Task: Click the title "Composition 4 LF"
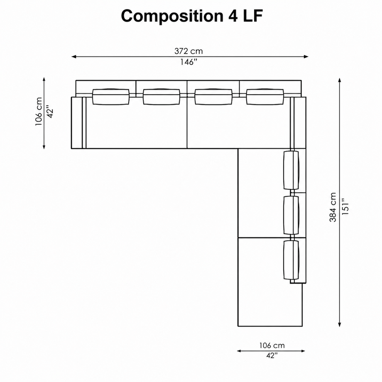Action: (x=192, y=16)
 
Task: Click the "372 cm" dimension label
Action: (x=189, y=51)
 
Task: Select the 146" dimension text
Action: (x=189, y=62)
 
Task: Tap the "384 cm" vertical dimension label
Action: (x=333, y=207)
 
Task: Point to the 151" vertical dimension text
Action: (x=345, y=208)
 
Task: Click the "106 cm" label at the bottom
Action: (x=272, y=345)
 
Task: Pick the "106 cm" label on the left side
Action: (x=39, y=111)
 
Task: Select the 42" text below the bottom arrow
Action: (x=272, y=356)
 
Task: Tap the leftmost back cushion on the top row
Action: (x=111, y=97)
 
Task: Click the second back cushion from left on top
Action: (x=162, y=97)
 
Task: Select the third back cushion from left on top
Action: (x=213, y=97)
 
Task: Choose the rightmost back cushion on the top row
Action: (x=265, y=97)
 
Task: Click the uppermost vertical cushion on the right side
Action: (x=291, y=170)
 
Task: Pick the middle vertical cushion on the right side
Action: (x=291, y=215)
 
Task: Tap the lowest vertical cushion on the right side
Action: (x=291, y=260)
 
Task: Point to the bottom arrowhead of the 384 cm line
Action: (x=339, y=324)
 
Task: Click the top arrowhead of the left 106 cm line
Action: (x=44, y=80)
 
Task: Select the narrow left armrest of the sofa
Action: (x=76, y=123)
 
